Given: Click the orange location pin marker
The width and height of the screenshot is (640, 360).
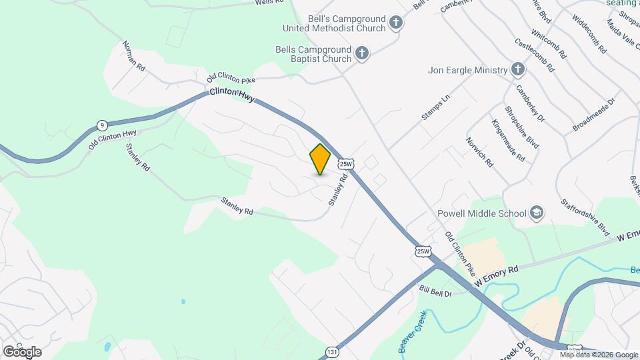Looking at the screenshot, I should coord(321,159).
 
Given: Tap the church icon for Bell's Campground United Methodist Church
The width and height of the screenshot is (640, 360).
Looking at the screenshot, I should coord(396,23).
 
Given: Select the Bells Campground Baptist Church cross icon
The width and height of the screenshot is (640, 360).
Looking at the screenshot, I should coord(362,53).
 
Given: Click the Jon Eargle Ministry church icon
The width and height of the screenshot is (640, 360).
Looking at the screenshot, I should coord(518,70).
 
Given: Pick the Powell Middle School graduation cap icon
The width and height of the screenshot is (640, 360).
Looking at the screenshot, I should coord(537,213).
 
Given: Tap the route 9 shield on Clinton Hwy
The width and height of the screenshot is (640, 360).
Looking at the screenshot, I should coord(101,125).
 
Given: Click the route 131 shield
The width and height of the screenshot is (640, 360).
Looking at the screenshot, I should coord(332,351).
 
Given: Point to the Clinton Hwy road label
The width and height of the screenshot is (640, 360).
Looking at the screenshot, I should coord(232,93).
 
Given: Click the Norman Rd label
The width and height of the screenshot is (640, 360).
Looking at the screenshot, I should coord(133,55).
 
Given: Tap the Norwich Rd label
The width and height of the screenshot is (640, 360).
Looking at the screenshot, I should coord(479,153).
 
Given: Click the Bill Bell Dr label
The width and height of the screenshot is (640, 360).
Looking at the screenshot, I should coord(436,292).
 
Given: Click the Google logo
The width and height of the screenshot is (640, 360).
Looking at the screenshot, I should coord(22,351).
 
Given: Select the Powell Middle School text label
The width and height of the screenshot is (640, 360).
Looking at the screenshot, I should coord(482,213).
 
